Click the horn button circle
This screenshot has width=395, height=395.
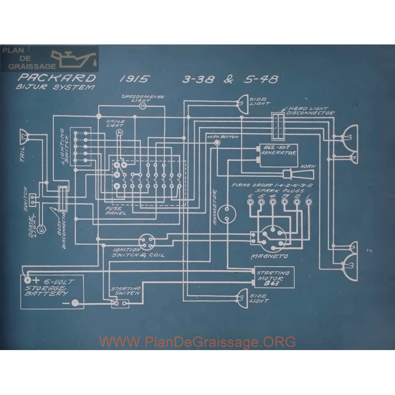217,142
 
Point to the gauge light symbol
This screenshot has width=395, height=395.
118,133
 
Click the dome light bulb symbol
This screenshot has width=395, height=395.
42,229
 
